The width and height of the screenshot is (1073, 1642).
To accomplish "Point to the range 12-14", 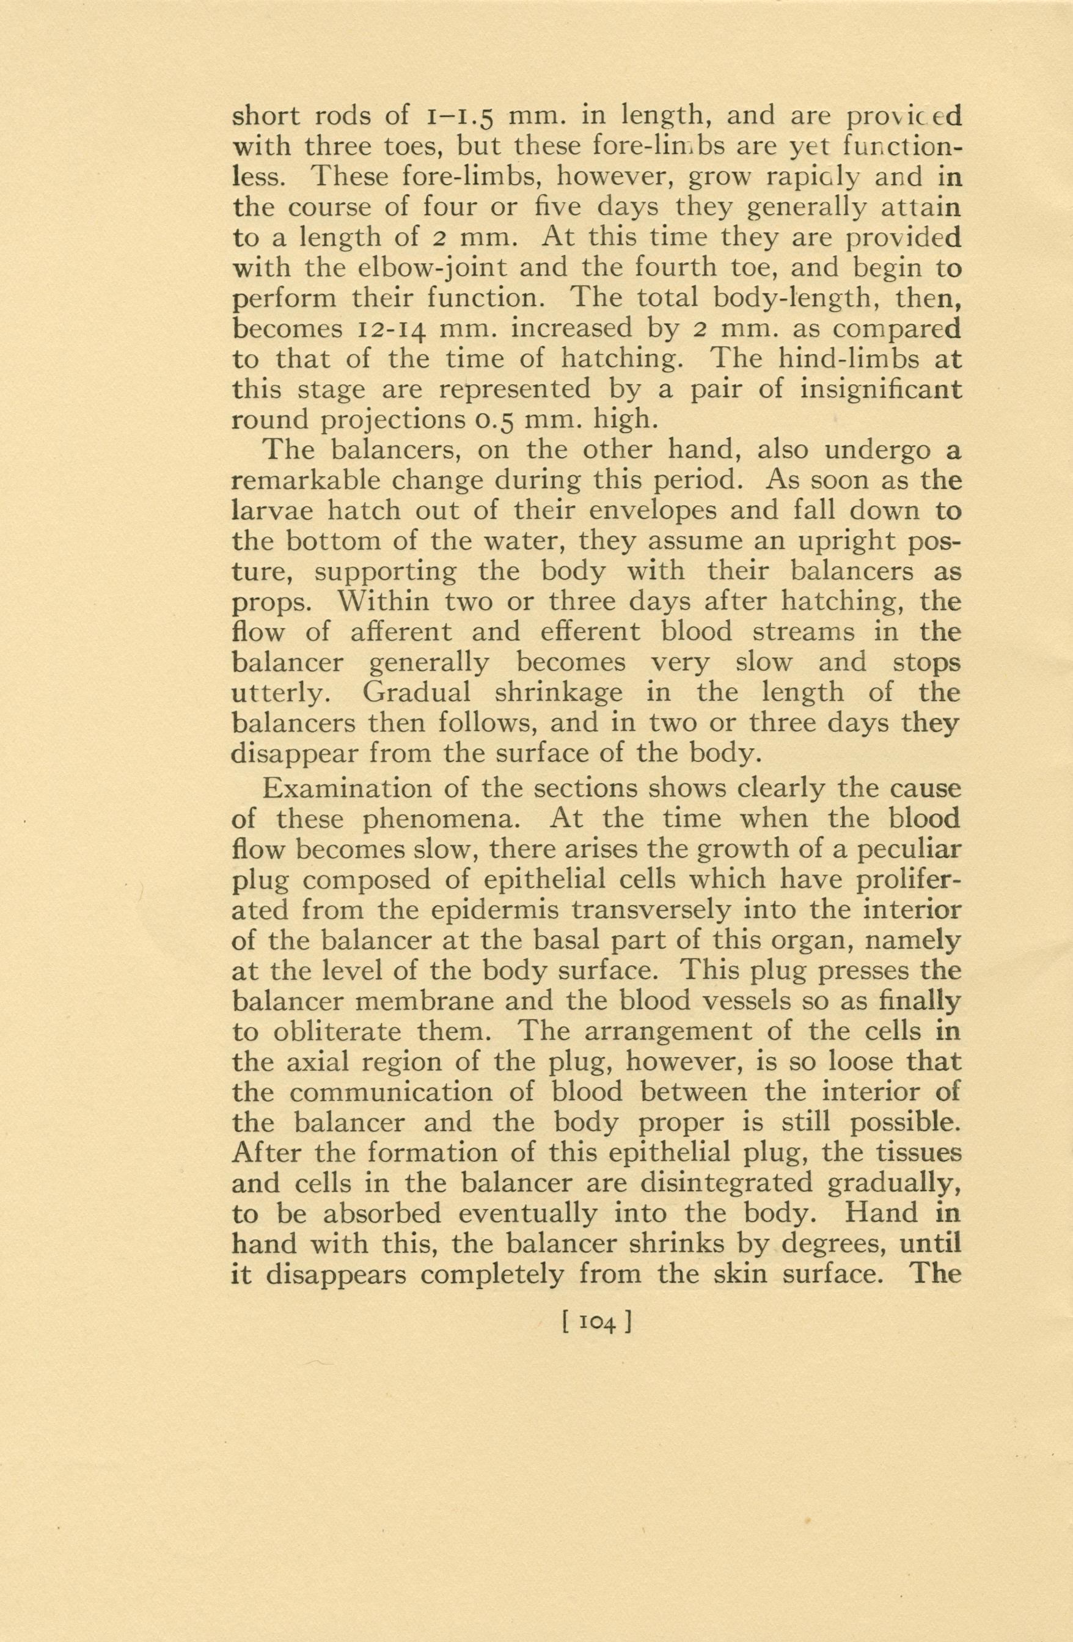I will point(390,329).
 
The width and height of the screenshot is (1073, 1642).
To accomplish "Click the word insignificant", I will point(881,390).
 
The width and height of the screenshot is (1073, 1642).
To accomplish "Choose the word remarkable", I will point(309,480).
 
